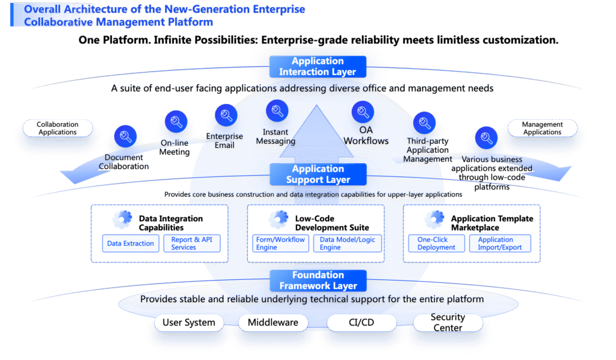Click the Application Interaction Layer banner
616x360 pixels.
pyautogui.click(x=317, y=66)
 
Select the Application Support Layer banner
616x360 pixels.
pyautogui.click(x=317, y=175)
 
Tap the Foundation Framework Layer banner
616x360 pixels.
pyautogui.click(x=317, y=281)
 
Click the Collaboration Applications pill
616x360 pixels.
pyautogui.click(x=58, y=128)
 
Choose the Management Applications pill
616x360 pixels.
pyautogui.click(x=542, y=128)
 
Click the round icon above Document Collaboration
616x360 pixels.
pyautogui.click(x=126, y=136)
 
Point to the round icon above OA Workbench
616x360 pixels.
pyautogui.click(x=362, y=112)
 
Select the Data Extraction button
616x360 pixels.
pyautogui.click(x=131, y=243)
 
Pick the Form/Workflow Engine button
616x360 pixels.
pyautogui.click(x=280, y=243)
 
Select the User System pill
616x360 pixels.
pyautogui.click(x=188, y=323)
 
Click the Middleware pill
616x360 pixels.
pyautogui.click(x=273, y=323)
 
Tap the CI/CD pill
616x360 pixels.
pyautogui.click(x=361, y=323)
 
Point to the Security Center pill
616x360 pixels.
pyautogui.click(x=448, y=323)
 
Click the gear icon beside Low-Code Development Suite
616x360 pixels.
pyautogui.click(x=278, y=220)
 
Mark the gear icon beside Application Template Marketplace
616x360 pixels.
pyautogui.click(x=434, y=220)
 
